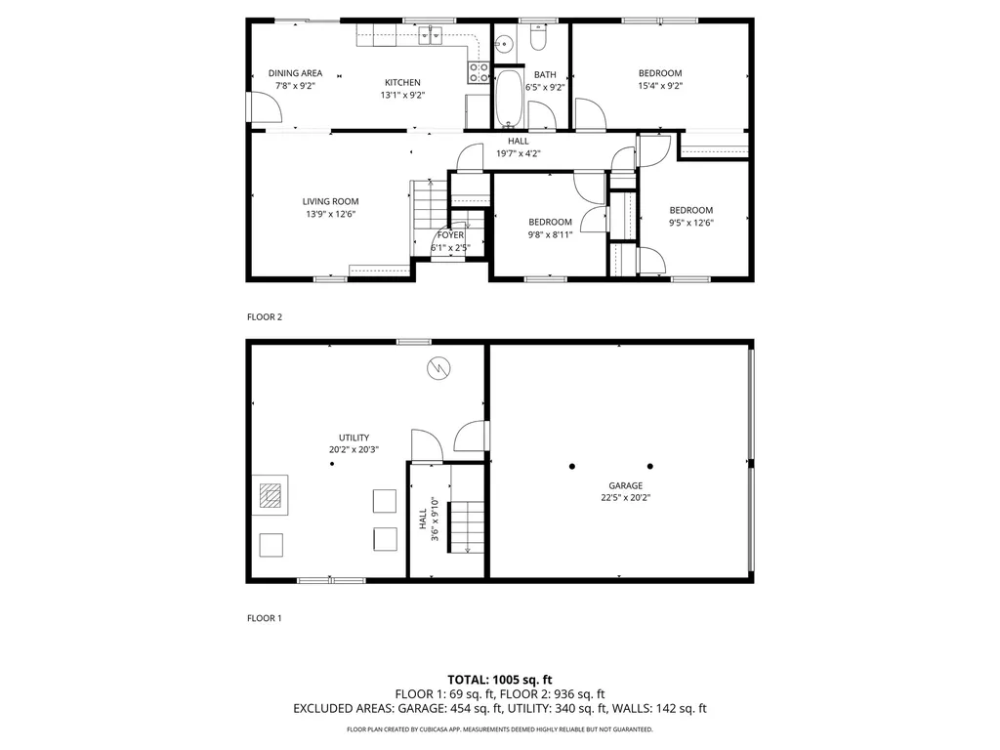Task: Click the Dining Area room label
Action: point(295,73)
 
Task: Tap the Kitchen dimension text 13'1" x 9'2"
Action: point(402,95)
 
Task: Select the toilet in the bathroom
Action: point(539,38)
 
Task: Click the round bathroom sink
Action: point(505,44)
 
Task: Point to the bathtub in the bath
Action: point(509,99)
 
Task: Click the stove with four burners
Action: point(479,72)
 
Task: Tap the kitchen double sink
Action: point(431,36)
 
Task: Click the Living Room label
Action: point(330,201)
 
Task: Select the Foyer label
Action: point(450,235)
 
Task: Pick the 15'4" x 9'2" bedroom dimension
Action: point(661,86)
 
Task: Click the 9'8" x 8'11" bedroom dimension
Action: point(550,234)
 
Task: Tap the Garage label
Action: point(626,486)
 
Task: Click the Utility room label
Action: point(354,438)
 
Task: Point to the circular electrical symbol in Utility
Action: point(438,368)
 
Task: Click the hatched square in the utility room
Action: point(271,495)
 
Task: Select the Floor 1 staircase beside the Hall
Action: point(467,526)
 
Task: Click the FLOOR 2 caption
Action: point(265,317)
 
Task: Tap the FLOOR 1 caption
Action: point(264,618)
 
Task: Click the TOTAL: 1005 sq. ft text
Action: point(500,680)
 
